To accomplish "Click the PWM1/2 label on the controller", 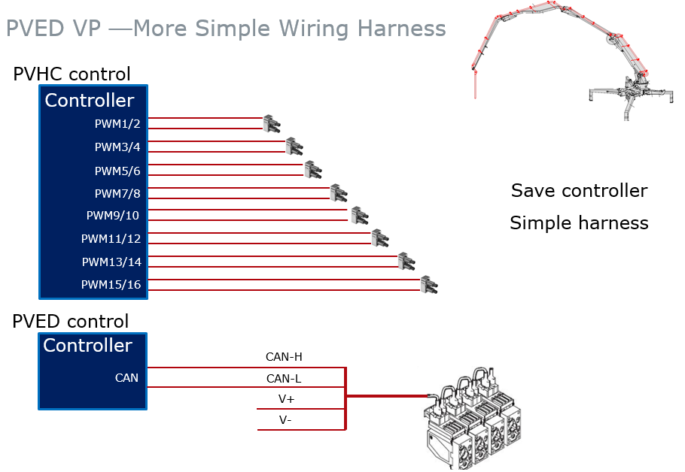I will click(x=117, y=123).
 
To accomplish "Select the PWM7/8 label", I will click(x=117, y=193).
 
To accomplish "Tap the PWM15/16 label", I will click(x=111, y=285).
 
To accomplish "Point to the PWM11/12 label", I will click(x=111, y=239).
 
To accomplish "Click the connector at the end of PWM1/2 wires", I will click(x=270, y=123).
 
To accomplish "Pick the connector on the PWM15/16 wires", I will click(x=428, y=285).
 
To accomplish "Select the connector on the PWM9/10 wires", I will click(x=358, y=216).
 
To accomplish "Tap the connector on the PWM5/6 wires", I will click(x=312, y=170).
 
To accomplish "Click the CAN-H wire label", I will click(x=284, y=357).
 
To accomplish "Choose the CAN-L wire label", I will click(x=284, y=378).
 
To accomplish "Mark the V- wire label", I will click(x=285, y=420).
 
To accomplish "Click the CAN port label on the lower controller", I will click(x=126, y=377).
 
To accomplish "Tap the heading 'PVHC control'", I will click(x=72, y=74).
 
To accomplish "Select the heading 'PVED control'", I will click(x=71, y=322).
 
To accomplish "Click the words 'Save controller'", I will click(x=579, y=191).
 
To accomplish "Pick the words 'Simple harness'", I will click(x=579, y=223).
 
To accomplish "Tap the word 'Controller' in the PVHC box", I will click(x=90, y=101).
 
